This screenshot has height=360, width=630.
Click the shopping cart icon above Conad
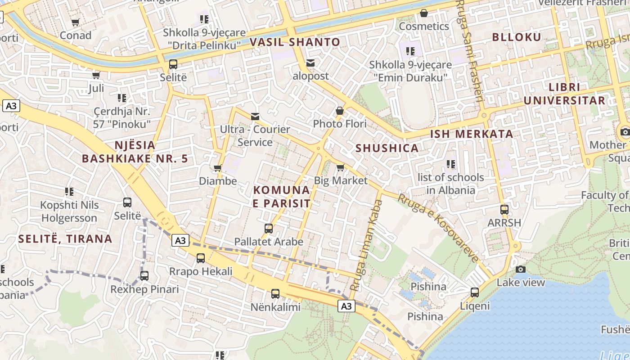[x=76, y=22]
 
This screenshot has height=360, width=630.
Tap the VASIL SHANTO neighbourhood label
[x=295, y=42]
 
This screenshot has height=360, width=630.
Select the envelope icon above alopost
[x=310, y=63]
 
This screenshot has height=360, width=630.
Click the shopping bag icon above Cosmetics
[x=423, y=13]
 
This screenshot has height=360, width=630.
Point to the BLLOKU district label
[x=517, y=37]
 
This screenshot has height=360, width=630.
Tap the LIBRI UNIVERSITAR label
[x=564, y=94]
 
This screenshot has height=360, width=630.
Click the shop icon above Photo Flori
[x=340, y=111]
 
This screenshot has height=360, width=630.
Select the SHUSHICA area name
[x=387, y=148]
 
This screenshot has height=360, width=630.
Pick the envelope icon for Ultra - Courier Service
[x=255, y=117]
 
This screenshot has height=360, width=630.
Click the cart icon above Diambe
[x=218, y=168]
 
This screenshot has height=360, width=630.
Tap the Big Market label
[x=341, y=181]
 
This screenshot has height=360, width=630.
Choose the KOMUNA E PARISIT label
[x=282, y=197]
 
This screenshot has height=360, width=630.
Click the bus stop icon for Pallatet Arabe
[x=269, y=229]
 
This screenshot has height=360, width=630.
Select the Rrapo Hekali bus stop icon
[x=201, y=258]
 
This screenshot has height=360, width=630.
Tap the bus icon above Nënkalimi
[x=275, y=294]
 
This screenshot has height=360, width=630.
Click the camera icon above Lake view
[x=521, y=269]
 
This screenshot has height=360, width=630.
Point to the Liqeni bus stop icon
[x=475, y=292]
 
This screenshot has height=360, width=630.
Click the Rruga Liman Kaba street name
[x=366, y=245]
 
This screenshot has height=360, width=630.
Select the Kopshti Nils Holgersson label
[x=69, y=211]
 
